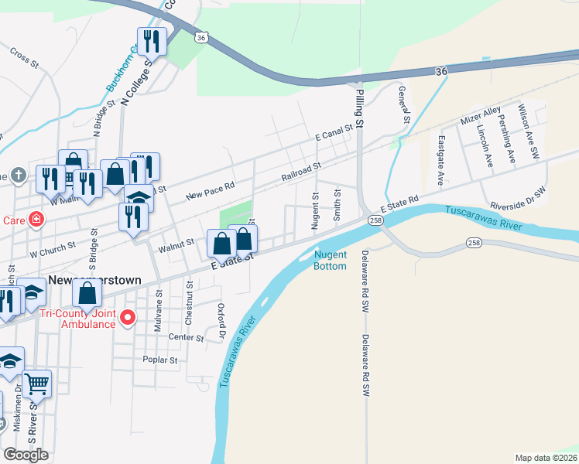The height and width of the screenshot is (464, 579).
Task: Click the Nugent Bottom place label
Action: tap(331, 261)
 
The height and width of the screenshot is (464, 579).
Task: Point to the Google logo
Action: tap(26, 455)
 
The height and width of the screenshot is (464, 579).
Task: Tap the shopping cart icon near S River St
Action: tap(37, 383)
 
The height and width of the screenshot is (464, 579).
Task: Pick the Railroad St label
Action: tap(300, 172)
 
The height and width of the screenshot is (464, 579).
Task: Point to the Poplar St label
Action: tap(160, 360)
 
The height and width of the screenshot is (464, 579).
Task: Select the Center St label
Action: tap(185, 338)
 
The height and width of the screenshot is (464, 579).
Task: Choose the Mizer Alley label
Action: tap(481, 117)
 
